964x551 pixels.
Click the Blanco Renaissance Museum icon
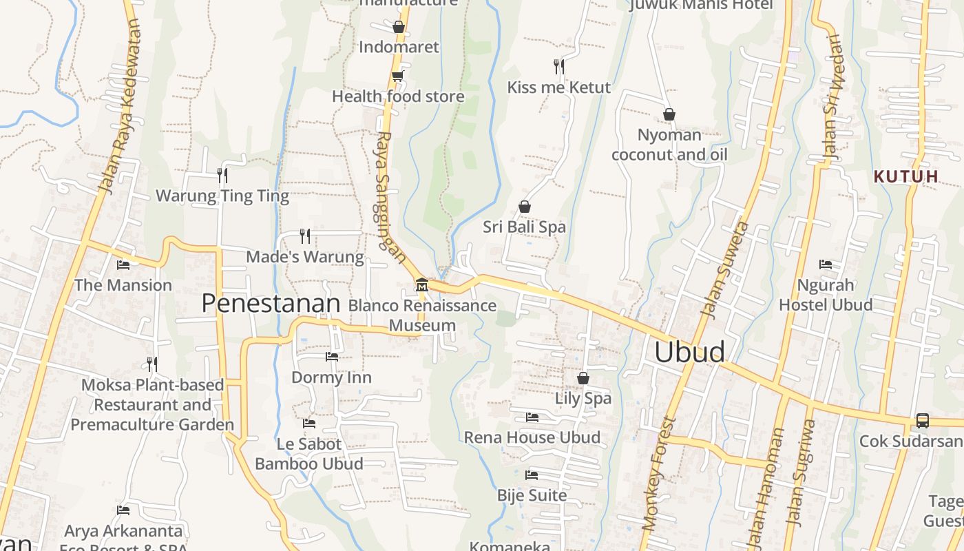(421, 284)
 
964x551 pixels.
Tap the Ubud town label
(689, 352)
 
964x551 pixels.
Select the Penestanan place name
(271, 304)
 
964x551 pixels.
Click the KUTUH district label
(905, 176)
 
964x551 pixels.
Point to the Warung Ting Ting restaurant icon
(222, 176)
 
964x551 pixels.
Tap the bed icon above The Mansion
(123, 264)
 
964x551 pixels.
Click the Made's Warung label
(305, 257)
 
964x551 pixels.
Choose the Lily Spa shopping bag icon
(583, 378)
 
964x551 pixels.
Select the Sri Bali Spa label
(524, 227)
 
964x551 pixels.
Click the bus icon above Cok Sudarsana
(922, 421)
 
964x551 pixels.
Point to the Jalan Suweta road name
(724, 270)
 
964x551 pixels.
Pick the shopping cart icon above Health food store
(397, 76)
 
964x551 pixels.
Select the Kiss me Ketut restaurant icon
(559, 66)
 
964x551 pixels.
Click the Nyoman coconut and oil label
(669, 145)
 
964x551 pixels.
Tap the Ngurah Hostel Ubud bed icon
(826, 264)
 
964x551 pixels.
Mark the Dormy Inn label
(331, 377)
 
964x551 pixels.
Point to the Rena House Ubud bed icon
(532, 417)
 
